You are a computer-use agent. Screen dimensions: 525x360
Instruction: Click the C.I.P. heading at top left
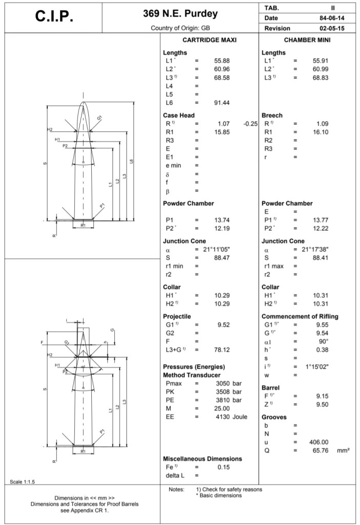coord(54,17)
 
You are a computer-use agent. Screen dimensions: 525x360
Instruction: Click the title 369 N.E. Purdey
coord(180,13)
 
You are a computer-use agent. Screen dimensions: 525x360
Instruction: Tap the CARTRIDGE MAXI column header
coord(209,40)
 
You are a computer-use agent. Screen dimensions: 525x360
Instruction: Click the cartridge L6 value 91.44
coord(222,103)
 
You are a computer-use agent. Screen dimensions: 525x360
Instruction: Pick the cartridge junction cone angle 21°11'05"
coord(216,249)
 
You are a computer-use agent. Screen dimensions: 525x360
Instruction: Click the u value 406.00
coord(319,442)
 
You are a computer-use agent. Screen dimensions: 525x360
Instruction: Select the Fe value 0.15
coord(223,467)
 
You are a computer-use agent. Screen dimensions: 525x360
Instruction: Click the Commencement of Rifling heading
coord(300,316)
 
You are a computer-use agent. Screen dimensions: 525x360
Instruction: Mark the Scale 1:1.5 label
coord(23,481)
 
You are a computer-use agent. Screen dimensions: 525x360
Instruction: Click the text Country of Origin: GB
coord(180,28)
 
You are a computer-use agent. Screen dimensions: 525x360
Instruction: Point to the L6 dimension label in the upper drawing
coord(131,162)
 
